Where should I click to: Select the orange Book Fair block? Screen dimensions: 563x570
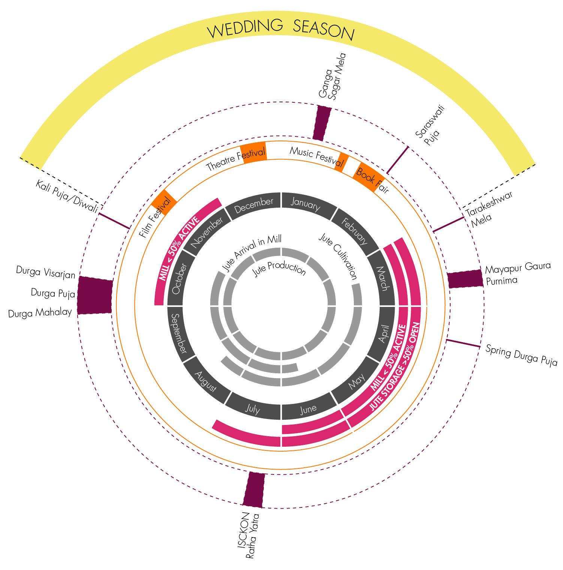point(369,178)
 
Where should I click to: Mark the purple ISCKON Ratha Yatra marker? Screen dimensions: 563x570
point(254,489)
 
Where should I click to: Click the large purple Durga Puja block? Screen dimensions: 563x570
point(95,295)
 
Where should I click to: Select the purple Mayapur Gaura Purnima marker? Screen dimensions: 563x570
point(465,278)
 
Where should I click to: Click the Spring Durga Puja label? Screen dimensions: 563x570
point(521,355)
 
